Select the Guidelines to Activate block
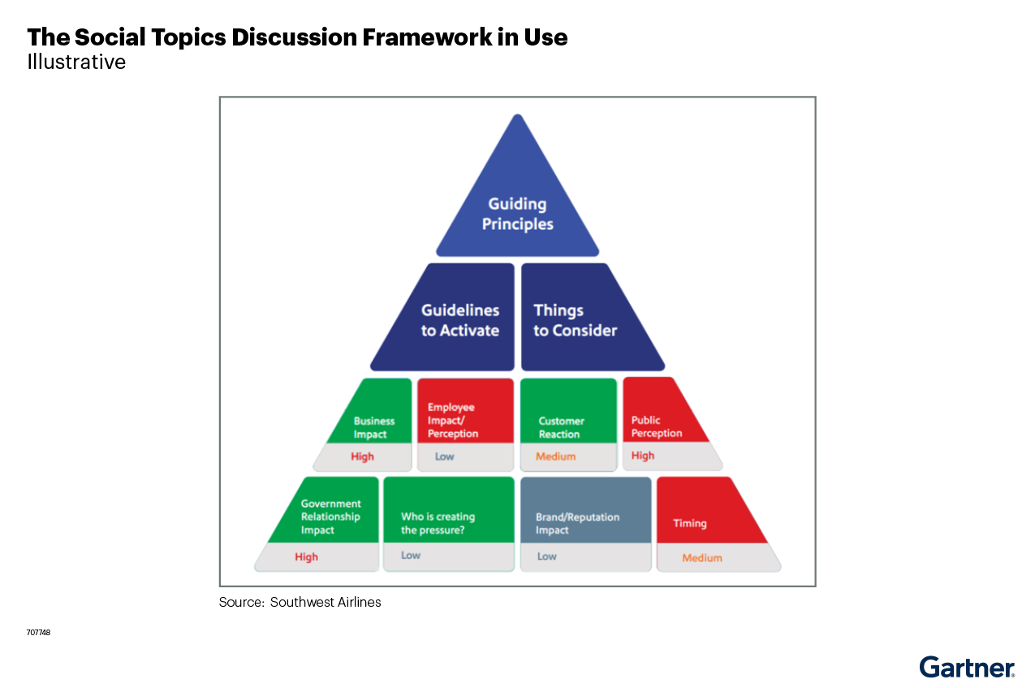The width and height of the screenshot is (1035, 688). (x=459, y=319)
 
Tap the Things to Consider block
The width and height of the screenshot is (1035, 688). (x=576, y=319)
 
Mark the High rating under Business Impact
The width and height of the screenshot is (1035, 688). (x=362, y=457)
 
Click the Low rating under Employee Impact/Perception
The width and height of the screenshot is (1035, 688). (x=444, y=457)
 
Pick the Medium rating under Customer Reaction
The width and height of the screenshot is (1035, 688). (x=556, y=457)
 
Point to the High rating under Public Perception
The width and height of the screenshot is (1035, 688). (x=643, y=456)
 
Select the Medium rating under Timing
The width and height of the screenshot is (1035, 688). (x=702, y=558)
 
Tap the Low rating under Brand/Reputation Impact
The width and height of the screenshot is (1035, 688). (x=547, y=556)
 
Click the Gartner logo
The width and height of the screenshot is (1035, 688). (x=966, y=668)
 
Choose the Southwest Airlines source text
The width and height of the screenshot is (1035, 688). (x=325, y=602)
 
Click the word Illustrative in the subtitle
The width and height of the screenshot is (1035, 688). (x=76, y=62)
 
